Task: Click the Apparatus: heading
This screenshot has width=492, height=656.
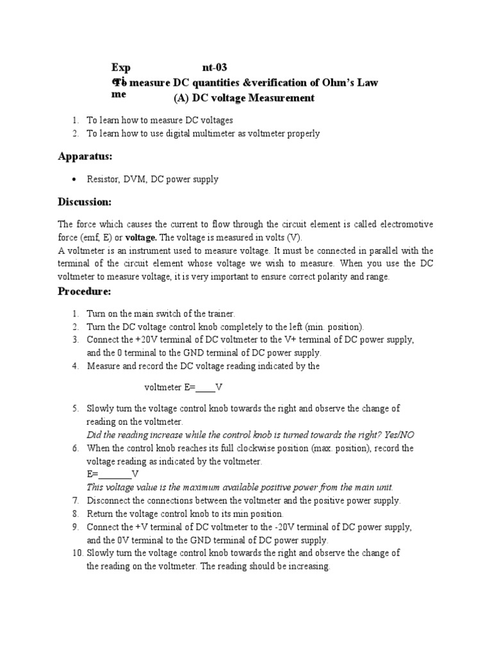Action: [x=85, y=156]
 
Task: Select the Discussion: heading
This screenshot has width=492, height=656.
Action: [x=85, y=202]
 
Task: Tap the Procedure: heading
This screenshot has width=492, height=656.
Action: [x=85, y=291]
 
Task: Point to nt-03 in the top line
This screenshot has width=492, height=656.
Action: [x=214, y=67]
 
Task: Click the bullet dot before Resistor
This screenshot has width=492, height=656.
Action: [x=76, y=180]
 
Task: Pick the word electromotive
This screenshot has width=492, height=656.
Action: [x=404, y=224]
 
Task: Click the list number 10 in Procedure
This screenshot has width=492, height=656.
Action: [x=77, y=553]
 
